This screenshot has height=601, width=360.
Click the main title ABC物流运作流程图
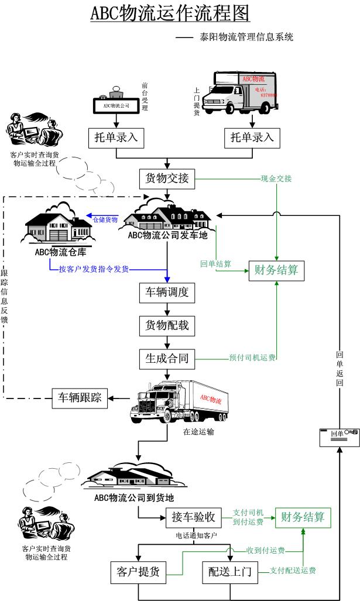click(170, 13)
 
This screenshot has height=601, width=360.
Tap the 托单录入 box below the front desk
click(116, 138)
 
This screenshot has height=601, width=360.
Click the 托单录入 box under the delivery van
click(252, 138)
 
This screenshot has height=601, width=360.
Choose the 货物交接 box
click(167, 178)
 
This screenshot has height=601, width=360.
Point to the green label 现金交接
click(276, 178)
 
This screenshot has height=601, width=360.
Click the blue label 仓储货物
click(105, 219)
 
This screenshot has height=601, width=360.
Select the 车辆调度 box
click(167, 292)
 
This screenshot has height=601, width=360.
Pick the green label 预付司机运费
click(252, 358)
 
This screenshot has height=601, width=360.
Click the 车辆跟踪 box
click(79, 399)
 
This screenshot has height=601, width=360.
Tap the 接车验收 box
click(194, 517)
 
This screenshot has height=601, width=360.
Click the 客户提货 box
click(139, 572)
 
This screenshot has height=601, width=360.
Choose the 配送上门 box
click(230, 572)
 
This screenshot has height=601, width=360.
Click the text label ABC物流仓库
click(59, 252)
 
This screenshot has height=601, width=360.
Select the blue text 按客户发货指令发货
click(94, 269)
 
